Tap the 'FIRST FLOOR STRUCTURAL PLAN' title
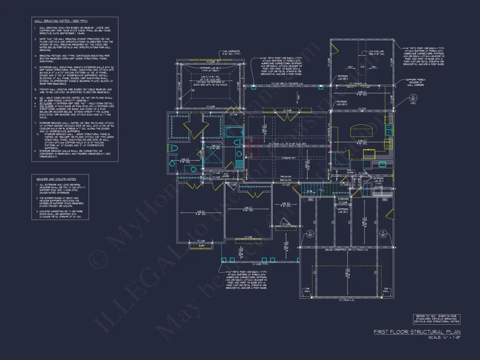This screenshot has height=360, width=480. tap(417, 333)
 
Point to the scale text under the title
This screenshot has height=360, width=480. tap(444, 338)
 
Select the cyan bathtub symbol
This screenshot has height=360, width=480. tap(233, 132)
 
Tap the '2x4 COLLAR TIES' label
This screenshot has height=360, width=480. tap(376, 53)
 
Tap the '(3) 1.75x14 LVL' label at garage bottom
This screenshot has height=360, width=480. tap(347, 300)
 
